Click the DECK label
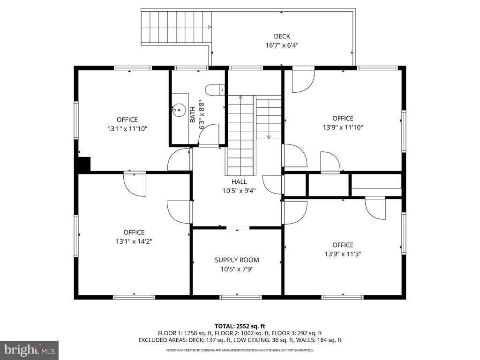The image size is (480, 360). coord(282,37)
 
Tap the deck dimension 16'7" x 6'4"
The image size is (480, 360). coord(282,45)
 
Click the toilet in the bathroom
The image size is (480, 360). coord(215,90)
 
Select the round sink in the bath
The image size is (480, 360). coord(178,110)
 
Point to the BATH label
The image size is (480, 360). coord(193,114)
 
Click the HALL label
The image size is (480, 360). coord(239,182)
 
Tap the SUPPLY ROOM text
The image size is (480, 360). coord(237,260)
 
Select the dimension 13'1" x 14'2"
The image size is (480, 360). coord(134,241)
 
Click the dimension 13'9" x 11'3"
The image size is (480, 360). coord(343,254)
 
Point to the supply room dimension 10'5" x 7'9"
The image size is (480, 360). coord(237,270)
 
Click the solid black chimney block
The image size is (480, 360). coord(84,165)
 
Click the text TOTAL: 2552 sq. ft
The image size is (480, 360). coord(240,326)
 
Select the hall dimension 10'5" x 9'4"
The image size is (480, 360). coord(239,191)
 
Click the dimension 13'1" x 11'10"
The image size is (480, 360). coord(127,129)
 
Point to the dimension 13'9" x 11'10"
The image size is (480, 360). coord(343,127)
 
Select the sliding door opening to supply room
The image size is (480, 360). coord(238,228)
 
